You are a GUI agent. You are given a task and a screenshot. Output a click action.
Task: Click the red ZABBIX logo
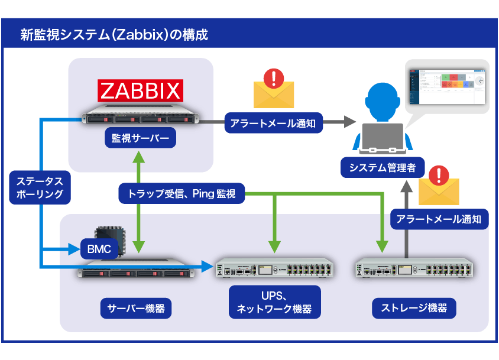pos(140,91)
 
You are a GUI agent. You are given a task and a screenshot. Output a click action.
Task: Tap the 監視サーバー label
pos(140,139)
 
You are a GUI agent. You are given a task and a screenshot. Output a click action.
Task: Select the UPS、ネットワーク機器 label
pos(274,303)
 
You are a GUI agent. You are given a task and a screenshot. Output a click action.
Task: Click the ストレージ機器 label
pos(413,307)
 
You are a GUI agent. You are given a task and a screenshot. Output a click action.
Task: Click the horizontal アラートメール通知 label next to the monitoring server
pos(273,124)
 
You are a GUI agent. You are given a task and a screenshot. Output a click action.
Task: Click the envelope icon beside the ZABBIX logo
pos(273,90)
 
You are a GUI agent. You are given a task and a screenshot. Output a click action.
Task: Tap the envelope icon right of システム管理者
pos(438,188)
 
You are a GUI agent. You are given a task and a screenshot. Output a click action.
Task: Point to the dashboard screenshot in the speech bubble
pos(447,85)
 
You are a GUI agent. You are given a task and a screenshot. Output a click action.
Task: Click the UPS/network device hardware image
pos(274,269)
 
